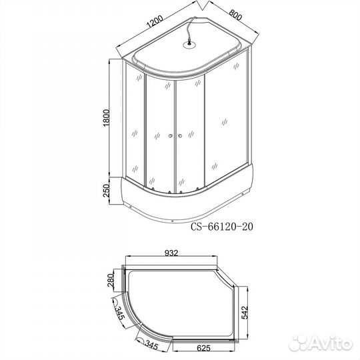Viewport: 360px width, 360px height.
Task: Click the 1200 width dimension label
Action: [155, 21]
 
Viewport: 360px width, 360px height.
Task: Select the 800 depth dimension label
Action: [235, 15]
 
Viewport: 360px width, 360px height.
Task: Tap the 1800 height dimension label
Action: [107, 118]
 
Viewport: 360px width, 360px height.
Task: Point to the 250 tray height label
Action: [107, 191]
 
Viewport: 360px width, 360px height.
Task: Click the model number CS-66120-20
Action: [222, 227]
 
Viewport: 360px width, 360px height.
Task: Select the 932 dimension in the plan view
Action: [171, 253]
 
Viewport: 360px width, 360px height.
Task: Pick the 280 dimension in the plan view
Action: [111, 280]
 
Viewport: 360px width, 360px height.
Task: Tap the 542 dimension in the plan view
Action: [245, 312]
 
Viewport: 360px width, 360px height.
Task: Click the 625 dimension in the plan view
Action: [203, 348]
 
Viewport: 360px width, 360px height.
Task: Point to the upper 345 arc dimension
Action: [119, 313]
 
